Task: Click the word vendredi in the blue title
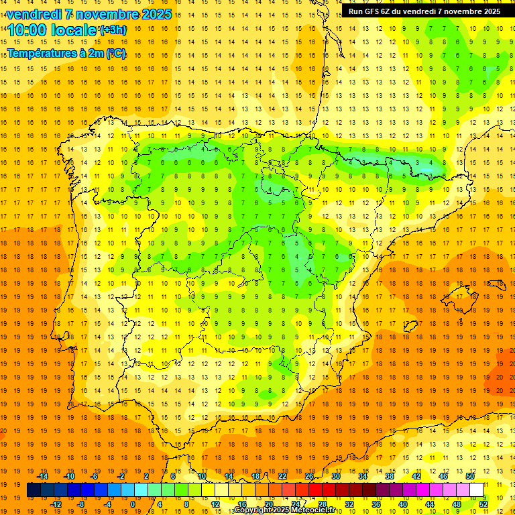34,14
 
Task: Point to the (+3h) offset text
112,30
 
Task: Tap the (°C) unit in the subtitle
115,53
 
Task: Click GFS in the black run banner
382,11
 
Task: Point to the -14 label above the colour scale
43,476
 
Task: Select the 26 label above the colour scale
309,476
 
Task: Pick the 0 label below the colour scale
133,504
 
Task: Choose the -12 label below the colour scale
56,504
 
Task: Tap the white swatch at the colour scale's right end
476,490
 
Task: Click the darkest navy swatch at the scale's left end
34,490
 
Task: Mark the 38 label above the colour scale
389,476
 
